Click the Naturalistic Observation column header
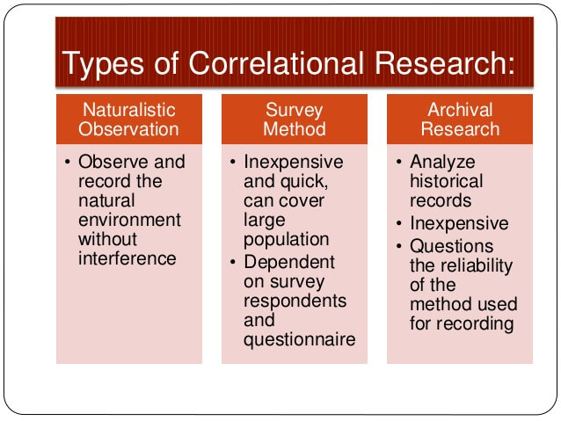point(128,120)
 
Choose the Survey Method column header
point(295,120)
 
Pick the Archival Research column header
point(459,120)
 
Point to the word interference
point(127,258)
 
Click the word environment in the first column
point(129,220)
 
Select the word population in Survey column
point(286,239)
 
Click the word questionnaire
point(299,340)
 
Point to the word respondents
point(295,301)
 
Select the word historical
point(447,181)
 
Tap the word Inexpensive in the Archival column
point(459,223)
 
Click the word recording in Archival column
point(462,323)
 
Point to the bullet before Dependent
point(233,262)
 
